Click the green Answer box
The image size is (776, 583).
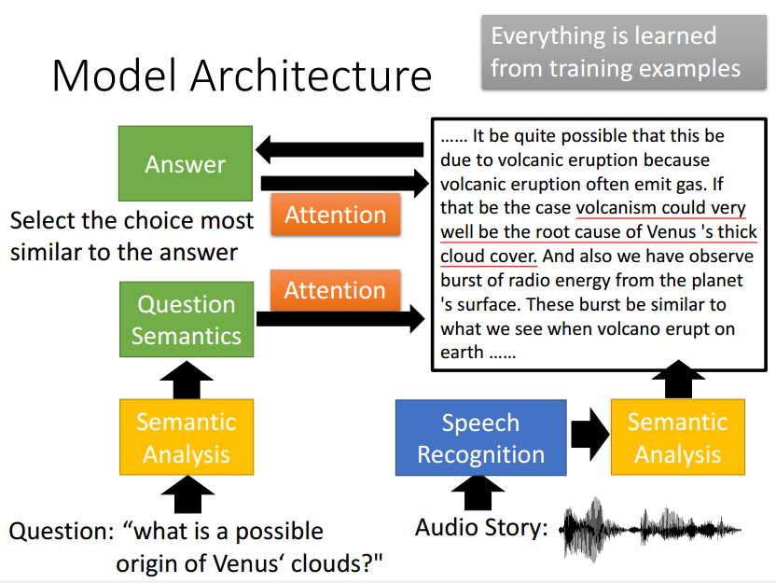(186, 163)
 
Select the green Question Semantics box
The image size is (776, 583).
(187, 320)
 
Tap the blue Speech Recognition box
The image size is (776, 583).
(481, 438)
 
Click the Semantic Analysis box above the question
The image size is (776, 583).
(187, 437)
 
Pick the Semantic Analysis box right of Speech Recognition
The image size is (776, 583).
(678, 437)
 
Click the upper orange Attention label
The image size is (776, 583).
(336, 215)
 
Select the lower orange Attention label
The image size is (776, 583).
(335, 290)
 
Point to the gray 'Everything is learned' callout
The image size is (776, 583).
(624, 52)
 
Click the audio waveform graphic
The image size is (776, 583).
(650, 530)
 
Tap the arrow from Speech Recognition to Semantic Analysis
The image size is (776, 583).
(589, 435)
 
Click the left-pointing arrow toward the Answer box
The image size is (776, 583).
(339, 149)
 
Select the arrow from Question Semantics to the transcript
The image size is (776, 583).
(340, 319)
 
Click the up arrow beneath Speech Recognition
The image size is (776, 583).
(478, 493)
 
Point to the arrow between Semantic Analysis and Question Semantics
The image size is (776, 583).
(187, 380)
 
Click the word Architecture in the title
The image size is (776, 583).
(312, 76)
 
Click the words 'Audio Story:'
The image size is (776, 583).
(481, 528)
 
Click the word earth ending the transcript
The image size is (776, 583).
(462, 353)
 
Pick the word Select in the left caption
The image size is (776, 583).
(43, 221)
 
